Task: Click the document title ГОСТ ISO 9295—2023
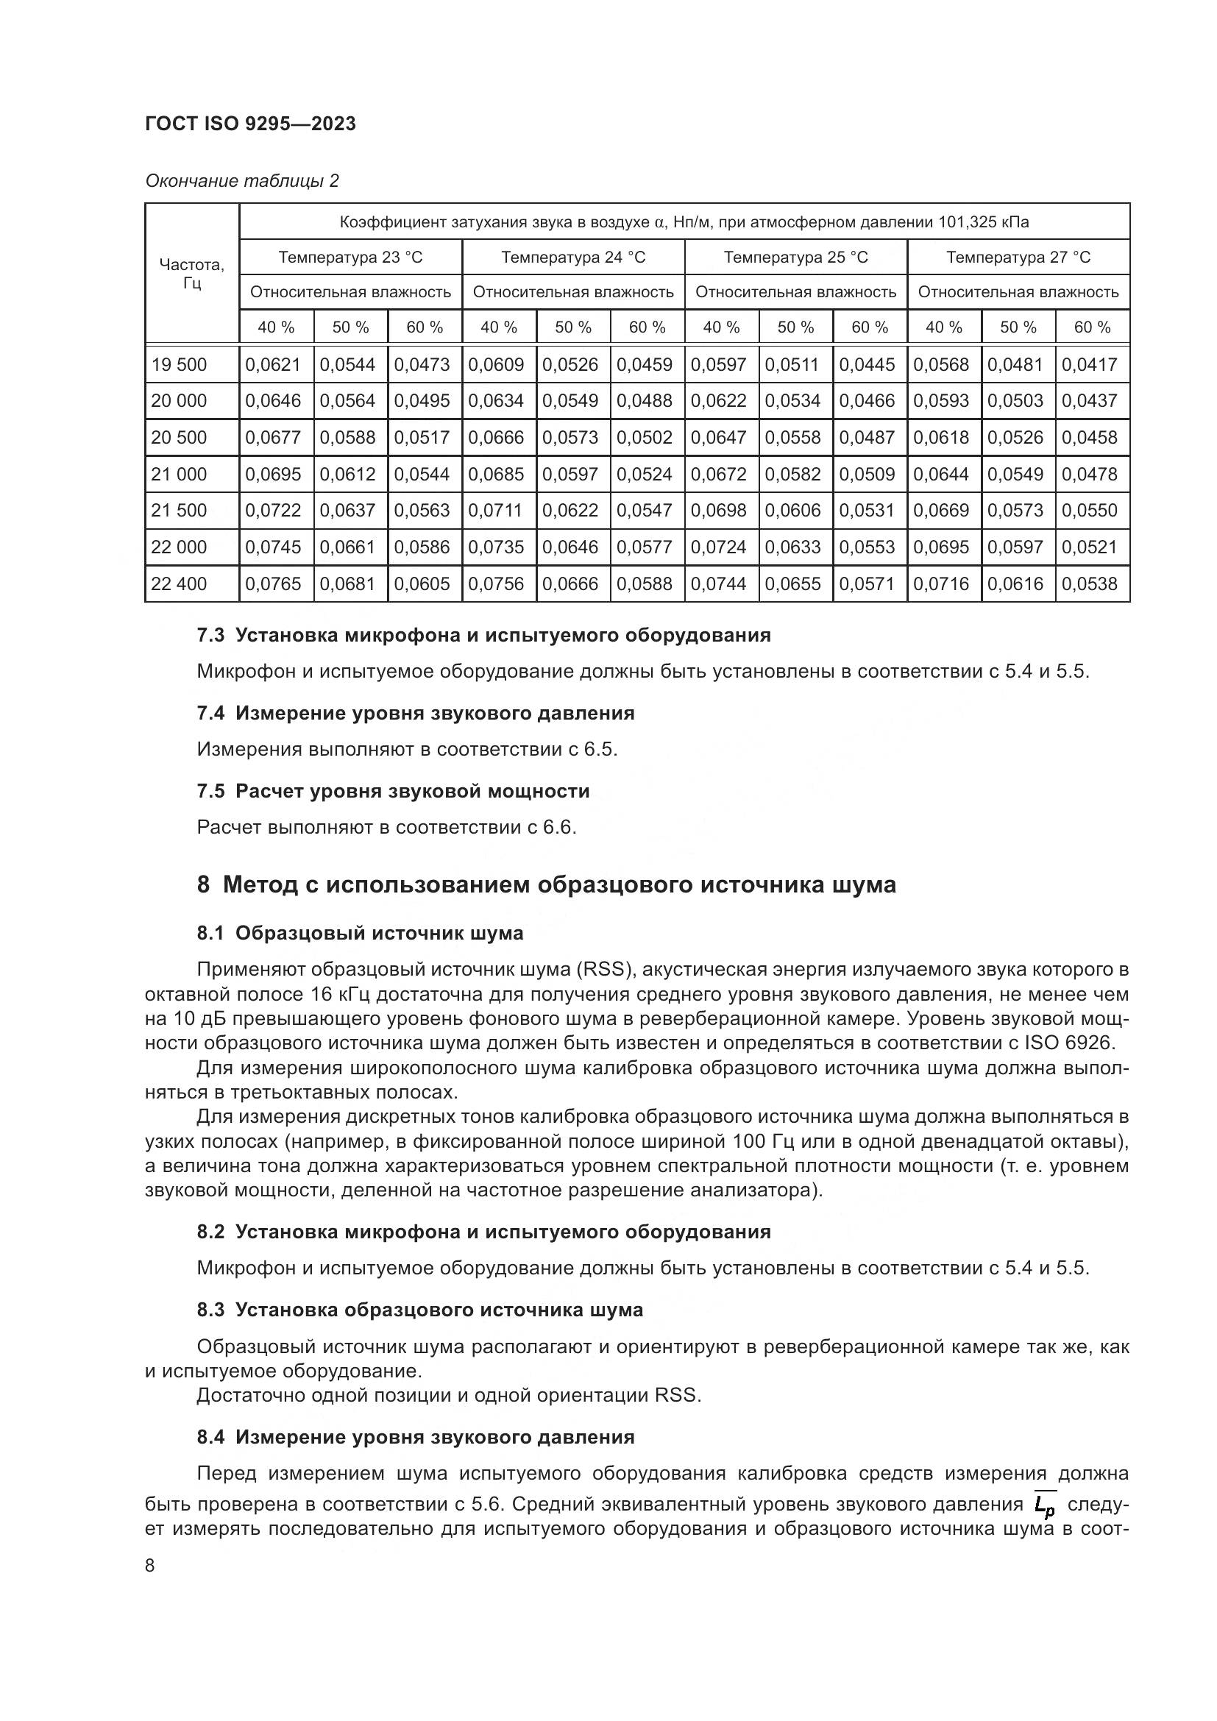pyautogui.click(x=250, y=124)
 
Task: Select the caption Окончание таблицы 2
pyautogui.click(x=241, y=181)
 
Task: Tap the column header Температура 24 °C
pyautogui.click(x=572, y=257)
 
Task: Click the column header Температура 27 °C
pyautogui.click(x=1018, y=257)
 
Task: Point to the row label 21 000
pyautogui.click(x=178, y=474)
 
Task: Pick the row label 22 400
pyautogui.click(x=178, y=583)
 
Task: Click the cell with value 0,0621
pyautogui.click(x=273, y=364)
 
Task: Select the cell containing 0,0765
pyautogui.click(x=273, y=583)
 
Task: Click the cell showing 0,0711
pyautogui.click(x=495, y=511)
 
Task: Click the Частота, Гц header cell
pyautogui.click(x=192, y=274)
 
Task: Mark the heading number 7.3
pyautogui.click(x=210, y=635)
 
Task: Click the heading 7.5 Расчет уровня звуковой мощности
pyautogui.click(x=393, y=791)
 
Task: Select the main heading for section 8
pyautogui.click(x=546, y=884)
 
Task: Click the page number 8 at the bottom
pyautogui.click(x=150, y=1566)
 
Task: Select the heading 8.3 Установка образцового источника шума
pyautogui.click(x=419, y=1310)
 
